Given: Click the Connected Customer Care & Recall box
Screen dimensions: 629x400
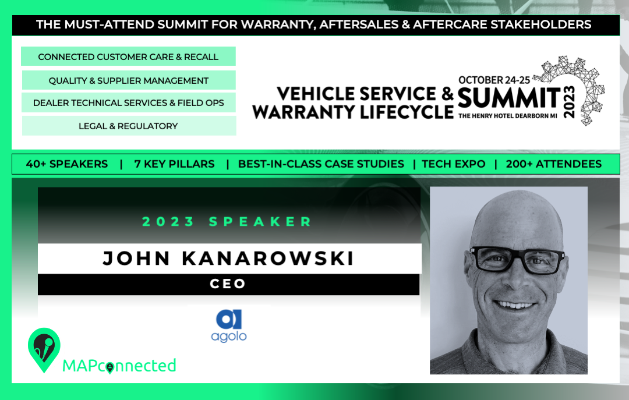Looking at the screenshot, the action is [128, 56].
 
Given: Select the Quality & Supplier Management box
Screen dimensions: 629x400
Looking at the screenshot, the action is [128, 80].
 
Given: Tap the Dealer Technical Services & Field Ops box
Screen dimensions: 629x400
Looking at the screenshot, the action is [128, 102].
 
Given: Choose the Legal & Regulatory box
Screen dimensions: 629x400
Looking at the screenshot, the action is [129, 126].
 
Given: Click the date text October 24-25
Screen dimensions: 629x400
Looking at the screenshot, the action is [494, 80].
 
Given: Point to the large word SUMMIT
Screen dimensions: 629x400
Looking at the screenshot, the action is [509, 98].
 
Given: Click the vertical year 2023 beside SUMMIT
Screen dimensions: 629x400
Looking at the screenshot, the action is [569, 102].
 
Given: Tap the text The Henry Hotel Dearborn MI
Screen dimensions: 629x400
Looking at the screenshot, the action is [508, 116].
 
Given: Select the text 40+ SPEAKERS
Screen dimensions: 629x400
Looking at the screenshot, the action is [67, 164].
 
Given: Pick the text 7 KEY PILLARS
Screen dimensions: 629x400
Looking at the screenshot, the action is [175, 164].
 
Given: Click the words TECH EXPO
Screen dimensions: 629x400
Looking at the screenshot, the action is [453, 164].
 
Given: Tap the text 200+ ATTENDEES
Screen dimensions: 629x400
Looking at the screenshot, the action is [554, 164].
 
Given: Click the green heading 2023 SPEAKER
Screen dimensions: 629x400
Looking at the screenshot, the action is [227, 221].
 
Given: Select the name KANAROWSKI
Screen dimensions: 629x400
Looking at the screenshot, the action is [268, 259].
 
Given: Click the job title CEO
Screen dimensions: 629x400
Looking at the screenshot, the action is [228, 284].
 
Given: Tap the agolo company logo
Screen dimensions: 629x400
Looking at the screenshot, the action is [229, 326].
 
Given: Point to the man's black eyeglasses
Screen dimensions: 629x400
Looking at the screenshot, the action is [518, 260].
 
